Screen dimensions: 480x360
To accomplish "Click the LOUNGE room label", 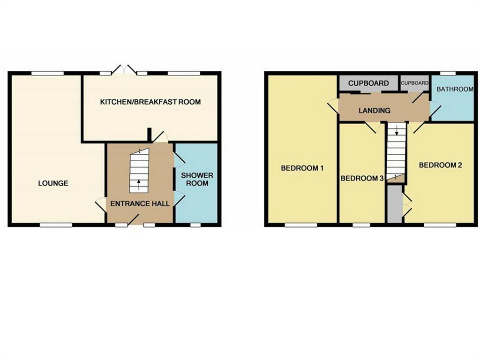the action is pyautogui.click(x=53, y=183).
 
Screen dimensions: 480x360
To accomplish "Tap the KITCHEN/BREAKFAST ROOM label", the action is pyautogui.click(x=150, y=102).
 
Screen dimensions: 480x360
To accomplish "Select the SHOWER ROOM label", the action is pyautogui.click(x=197, y=180).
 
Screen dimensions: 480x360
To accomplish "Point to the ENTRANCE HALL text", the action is pyautogui.click(x=140, y=203).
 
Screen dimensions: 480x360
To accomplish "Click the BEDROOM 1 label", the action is pyautogui.click(x=302, y=168).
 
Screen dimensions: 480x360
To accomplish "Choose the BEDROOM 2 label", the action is pyautogui.click(x=440, y=165).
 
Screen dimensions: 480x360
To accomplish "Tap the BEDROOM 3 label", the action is pyautogui.click(x=362, y=178).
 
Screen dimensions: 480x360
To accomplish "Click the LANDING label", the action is pyautogui.click(x=375, y=110).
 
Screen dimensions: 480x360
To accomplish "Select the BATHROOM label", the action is pyautogui.click(x=455, y=89).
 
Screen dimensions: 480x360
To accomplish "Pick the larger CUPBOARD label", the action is pyautogui.click(x=368, y=83).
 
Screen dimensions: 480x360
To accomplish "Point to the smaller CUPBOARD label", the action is pyautogui.click(x=414, y=83).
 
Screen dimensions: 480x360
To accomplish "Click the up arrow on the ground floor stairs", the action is pyautogui.click(x=139, y=185).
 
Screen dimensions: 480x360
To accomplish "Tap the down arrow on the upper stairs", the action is pyautogui.click(x=397, y=130).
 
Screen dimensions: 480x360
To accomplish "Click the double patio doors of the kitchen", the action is pyautogui.click(x=124, y=69).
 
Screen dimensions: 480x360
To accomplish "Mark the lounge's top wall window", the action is pyautogui.click(x=48, y=73).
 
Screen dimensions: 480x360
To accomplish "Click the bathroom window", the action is pyautogui.click(x=448, y=73).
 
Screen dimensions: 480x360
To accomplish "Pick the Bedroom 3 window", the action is pyautogui.click(x=361, y=225).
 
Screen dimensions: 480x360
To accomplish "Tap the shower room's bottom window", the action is pyautogui.click(x=195, y=225).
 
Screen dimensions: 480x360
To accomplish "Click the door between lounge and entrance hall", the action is pyautogui.click(x=101, y=204).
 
